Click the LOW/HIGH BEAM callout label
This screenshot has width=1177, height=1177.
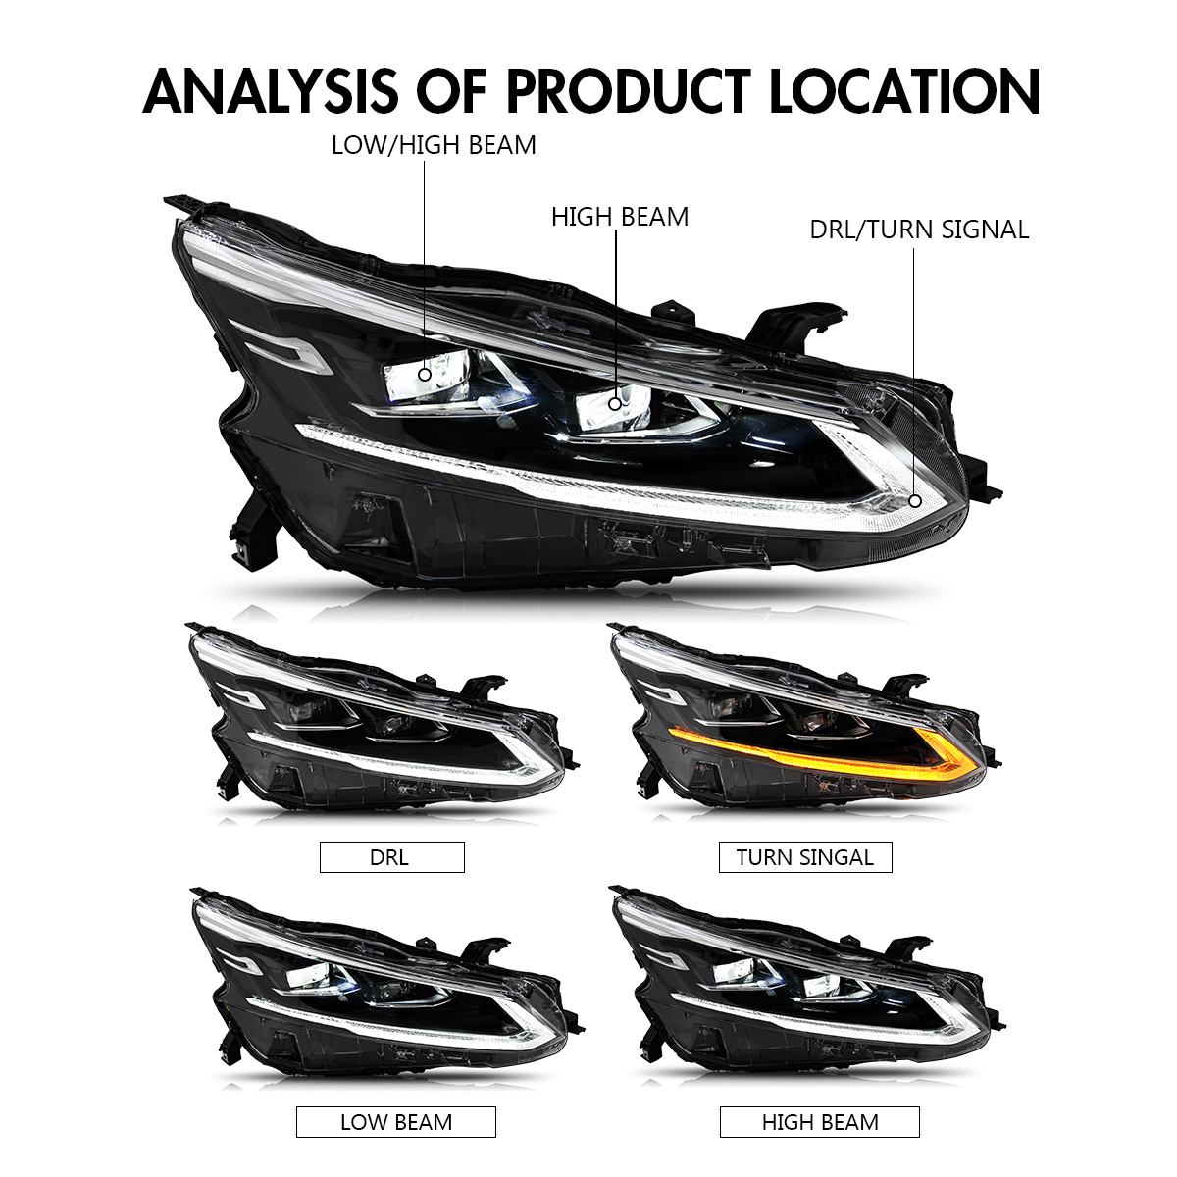pos(434,145)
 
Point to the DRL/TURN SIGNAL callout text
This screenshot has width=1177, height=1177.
pos(919,230)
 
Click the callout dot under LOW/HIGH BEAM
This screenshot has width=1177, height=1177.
pos(425,374)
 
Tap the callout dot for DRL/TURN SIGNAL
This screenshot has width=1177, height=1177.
pos(915,501)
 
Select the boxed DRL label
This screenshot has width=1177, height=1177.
pos(392,857)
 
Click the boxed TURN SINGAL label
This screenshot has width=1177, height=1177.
pos(805,857)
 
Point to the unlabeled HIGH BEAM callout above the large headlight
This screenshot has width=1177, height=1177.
pos(620,217)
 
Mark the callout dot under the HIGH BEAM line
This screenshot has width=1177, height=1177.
pos(615,404)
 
